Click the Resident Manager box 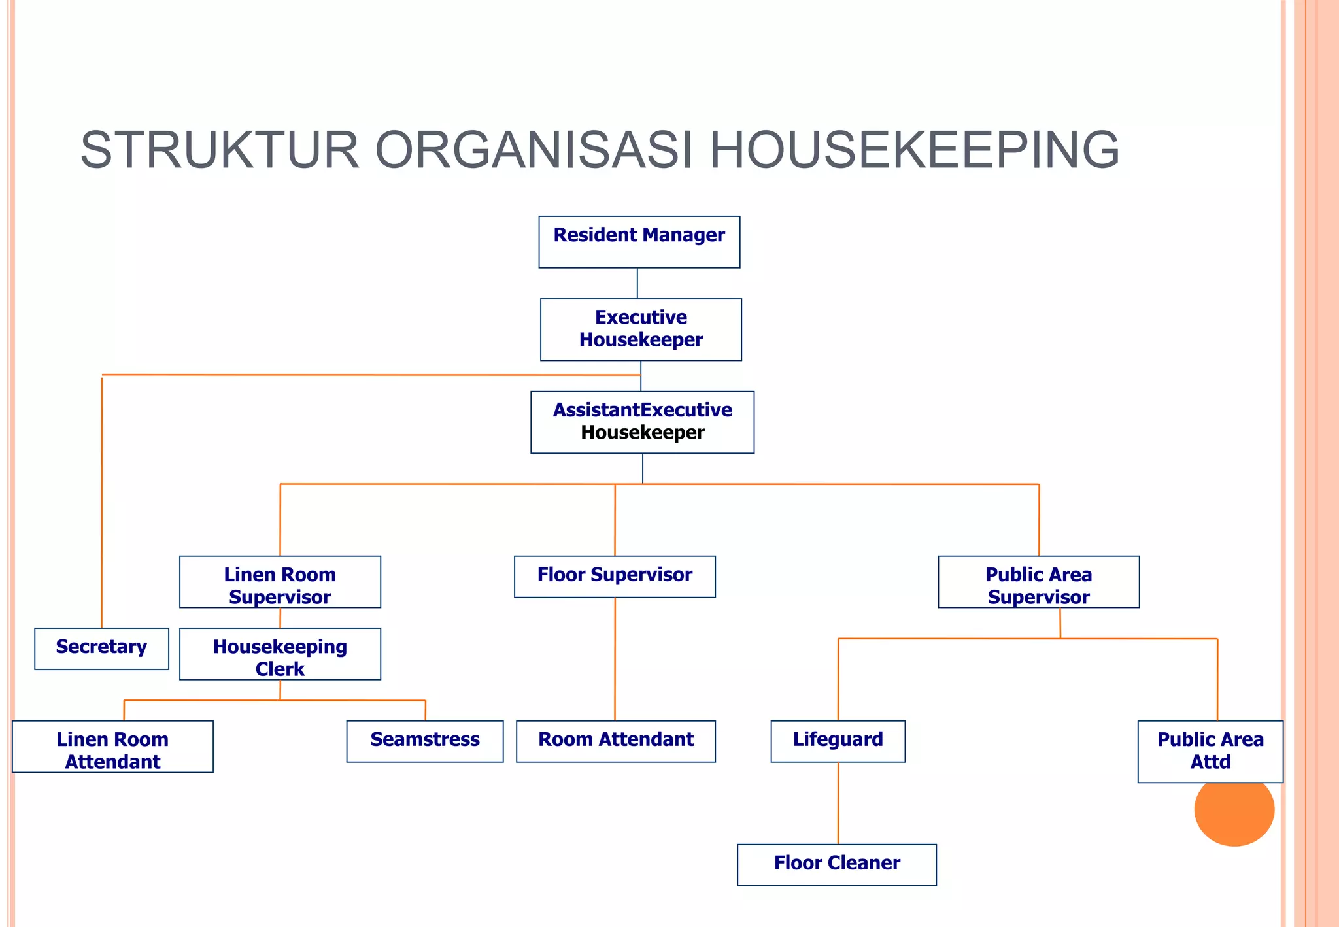point(639,242)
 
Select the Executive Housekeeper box point(641,329)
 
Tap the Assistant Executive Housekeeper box point(642,422)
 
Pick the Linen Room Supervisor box point(280,582)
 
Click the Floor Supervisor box point(615,577)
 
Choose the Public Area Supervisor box point(1038,582)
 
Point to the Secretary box point(101,649)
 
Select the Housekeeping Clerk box point(280,654)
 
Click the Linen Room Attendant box point(112,747)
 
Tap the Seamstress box point(425,741)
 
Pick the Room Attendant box point(615,741)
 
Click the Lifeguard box point(838,741)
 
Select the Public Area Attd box point(1210,751)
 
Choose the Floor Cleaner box point(837,865)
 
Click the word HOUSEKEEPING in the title point(914,150)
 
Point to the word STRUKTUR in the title point(220,150)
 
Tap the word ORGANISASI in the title point(534,150)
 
